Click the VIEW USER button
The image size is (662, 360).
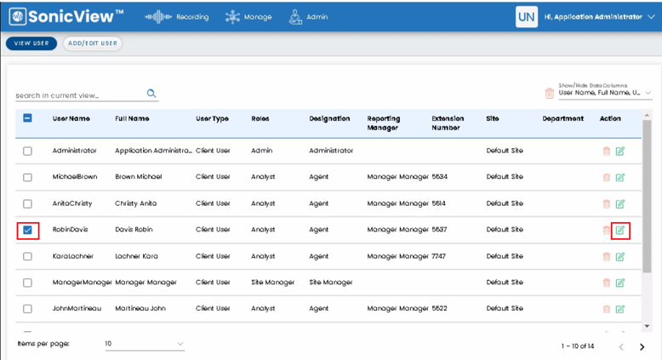point(31,43)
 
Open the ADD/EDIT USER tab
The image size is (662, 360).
point(93,43)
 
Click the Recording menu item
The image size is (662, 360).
point(176,17)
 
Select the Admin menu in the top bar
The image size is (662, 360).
point(308,17)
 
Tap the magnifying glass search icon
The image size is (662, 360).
point(151,94)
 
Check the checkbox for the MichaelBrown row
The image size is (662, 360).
point(27,177)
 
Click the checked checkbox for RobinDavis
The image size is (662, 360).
point(27,230)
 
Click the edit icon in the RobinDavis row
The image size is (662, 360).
point(619,230)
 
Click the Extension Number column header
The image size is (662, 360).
point(448,123)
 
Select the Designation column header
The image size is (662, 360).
point(329,118)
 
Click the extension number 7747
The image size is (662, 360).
point(439,256)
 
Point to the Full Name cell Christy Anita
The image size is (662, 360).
point(135,203)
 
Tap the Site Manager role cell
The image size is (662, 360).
point(273,283)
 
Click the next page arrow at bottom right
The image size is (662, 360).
point(642,347)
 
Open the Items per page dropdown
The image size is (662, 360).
point(145,344)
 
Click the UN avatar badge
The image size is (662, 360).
point(527,17)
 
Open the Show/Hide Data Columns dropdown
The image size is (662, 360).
point(605,93)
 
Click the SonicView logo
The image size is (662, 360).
point(66,16)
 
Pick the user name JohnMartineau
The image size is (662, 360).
point(77,309)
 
